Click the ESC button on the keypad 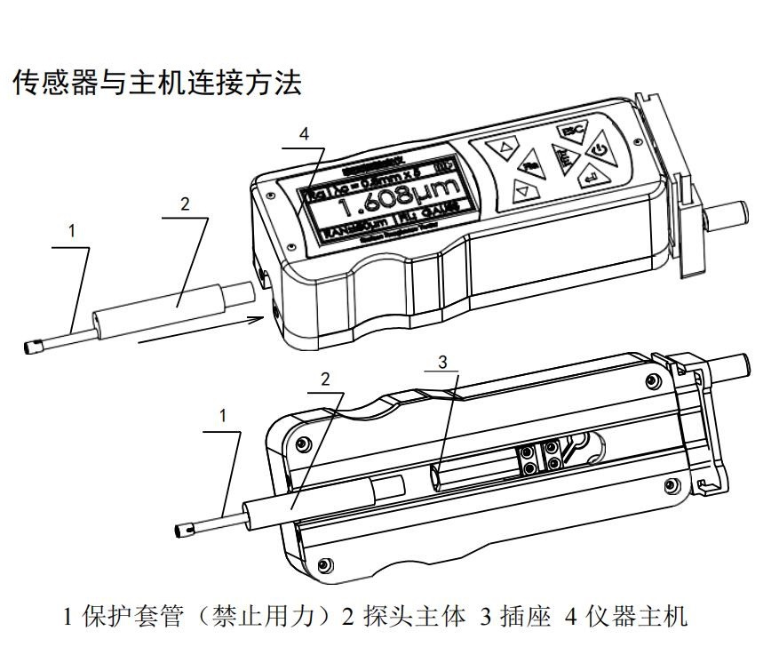(x=569, y=132)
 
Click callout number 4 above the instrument (x=305, y=134)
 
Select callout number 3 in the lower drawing (x=443, y=362)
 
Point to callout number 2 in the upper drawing (x=185, y=204)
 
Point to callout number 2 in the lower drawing (x=325, y=379)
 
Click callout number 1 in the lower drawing (x=223, y=415)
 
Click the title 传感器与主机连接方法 (x=156, y=83)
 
